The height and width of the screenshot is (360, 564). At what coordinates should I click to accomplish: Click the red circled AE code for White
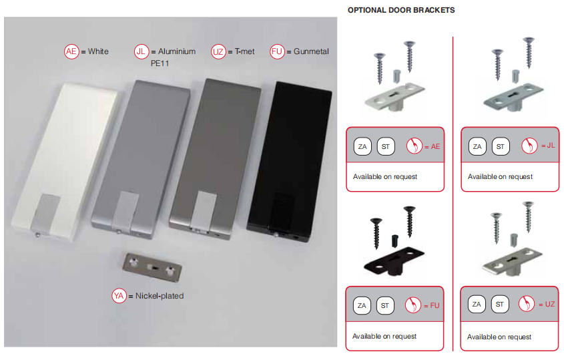(71, 51)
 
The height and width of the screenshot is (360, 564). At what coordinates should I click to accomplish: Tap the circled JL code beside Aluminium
(142, 51)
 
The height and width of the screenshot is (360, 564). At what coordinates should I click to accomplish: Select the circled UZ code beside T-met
(218, 51)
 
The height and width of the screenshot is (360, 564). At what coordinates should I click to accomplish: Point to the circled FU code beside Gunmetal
(277, 51)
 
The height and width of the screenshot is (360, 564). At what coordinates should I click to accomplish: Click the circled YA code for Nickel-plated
(119, 296)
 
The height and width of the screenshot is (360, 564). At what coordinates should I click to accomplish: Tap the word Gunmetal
(311, 51)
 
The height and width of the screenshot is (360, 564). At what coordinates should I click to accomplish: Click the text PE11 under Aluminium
(160, 63)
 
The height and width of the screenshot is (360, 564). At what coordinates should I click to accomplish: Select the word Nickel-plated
(160, 296)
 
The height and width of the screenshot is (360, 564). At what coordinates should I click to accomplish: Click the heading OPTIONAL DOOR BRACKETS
(401, 10)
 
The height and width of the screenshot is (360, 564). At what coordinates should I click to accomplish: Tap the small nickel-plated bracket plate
(152, 267)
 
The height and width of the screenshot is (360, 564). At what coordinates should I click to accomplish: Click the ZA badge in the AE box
(362, 146)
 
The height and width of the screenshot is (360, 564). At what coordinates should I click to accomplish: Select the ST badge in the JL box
(501, 146)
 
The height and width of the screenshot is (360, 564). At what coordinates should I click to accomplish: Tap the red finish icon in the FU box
(413, 305)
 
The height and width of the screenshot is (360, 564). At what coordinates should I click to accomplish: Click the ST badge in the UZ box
(500, 304)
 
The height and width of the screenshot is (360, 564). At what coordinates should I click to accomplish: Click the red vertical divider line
(453, 194)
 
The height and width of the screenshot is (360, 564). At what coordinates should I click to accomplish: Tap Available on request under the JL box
(500, 176)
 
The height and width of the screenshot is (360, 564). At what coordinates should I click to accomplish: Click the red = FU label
(432, 306)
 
